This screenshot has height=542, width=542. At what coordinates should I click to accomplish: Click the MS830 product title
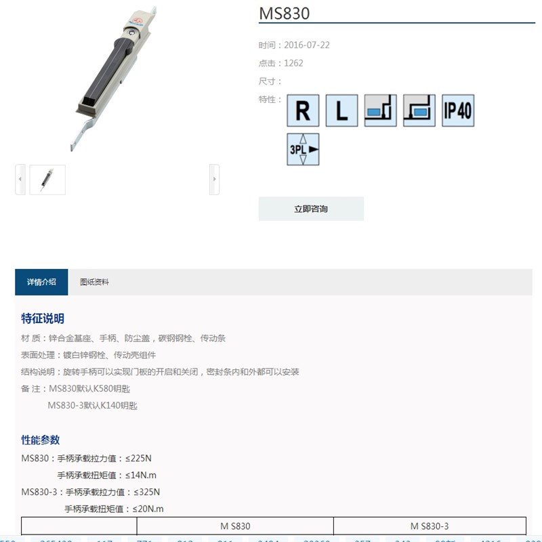pyautogui.click(x=285, y=13)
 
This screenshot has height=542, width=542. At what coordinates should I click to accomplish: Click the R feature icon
pyautogui.click(x=303, y=110)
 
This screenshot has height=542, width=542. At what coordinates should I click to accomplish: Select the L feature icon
pyautogui.click(x=341, y=110)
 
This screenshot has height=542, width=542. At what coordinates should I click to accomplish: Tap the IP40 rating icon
pyautogui.click(x=457, y=110)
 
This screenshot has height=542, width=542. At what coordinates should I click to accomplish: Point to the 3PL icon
pyautogui.click(x=303, y=150)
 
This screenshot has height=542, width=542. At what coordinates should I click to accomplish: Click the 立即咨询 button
pyautogui.click(x=311, y=209)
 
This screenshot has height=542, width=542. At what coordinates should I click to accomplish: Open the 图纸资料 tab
pyautogui.click(x=94, y=282)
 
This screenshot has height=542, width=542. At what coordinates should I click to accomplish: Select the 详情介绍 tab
pyautogui.click(x=41, y=282)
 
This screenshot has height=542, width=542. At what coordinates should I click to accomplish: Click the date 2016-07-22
pyautogui.click(x=307, y=45)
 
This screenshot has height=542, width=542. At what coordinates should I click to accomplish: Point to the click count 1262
pyautogui.click(x=294, y=63)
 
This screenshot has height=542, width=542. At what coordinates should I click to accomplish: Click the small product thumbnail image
pyautogui.click(x=47, y=180)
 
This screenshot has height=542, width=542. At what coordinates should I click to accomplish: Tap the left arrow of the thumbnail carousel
pyautogui.click(x=20, y=180)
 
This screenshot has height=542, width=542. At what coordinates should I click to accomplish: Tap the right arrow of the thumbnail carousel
pyautogui.click(x=214, y=180)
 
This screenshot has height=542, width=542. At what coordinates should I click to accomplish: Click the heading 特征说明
pyautogui.click(x=43, y=318)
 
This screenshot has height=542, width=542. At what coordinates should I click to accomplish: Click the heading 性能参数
pyautogui.click(x=41, y=440)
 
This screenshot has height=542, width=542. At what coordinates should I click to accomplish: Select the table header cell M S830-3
pyautogui.click(x=430, y=526)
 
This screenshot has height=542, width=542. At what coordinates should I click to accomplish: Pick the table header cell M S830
pyautogui.click(x=235, y=526)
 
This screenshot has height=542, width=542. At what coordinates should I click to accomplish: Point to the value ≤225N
pyautogui.click(x=138, y=458)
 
